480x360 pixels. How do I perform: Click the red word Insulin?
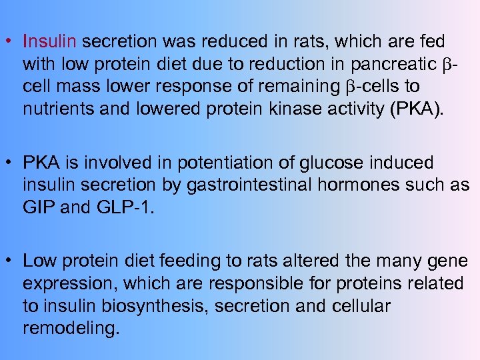coord(51,42)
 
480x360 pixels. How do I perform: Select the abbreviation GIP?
coord(39,207)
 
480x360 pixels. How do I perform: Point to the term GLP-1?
coord(126,207)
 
